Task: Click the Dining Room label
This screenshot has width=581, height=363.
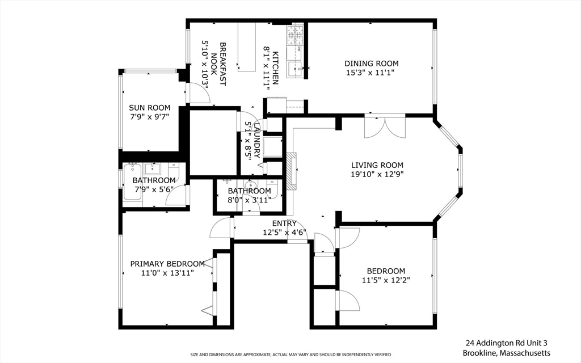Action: click(371, 64)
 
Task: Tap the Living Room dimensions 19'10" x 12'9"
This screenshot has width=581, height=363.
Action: click(377, 174)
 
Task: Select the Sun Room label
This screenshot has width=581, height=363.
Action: click(150, 108)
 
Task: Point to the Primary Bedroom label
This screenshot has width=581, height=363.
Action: click(167, 264)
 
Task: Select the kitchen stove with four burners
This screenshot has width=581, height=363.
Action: click(295, 35)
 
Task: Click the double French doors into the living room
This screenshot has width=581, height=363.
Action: click(385, 128)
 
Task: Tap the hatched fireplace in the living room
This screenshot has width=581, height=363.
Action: click(292, 171)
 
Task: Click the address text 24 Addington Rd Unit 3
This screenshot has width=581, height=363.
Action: click(507, 343)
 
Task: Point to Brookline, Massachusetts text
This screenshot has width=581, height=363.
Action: click(507, 353)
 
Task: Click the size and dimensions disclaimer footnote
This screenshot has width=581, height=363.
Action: click(290, 354)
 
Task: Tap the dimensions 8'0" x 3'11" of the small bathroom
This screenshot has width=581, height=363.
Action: click(249, 200)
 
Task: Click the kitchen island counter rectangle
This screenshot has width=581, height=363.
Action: click(247, 47)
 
